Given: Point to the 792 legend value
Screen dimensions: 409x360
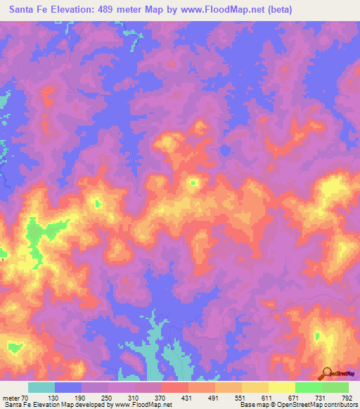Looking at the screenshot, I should (347, 398).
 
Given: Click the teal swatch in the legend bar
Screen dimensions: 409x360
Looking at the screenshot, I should (41, 387).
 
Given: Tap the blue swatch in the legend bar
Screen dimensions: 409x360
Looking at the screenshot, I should (68, 387).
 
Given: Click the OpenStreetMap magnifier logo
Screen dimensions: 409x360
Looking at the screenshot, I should (328, 375).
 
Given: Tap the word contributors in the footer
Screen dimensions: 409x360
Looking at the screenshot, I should (337, 405).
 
